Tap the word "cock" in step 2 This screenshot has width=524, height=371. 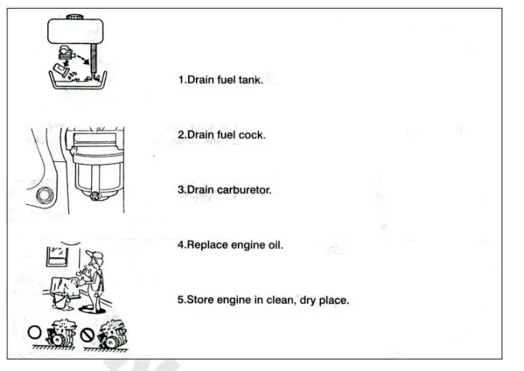click(x=250, y=135)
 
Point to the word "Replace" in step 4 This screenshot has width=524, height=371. click(x=207, y=245)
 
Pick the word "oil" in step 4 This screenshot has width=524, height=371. click(x=274, y=245)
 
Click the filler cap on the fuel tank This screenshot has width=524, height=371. click(x=75, y=15)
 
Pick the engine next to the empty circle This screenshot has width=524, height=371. click(x=60, y=335)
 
